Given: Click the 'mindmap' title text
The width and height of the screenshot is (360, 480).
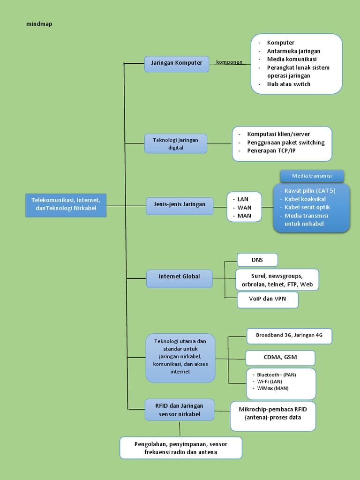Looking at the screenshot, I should pyautogui.click(x=39, y=24).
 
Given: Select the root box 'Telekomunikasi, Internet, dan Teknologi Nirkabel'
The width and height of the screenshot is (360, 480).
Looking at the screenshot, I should pyautogui.click(x=66, y=204).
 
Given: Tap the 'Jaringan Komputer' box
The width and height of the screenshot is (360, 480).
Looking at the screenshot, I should pyautogui.click(x=177, y=63).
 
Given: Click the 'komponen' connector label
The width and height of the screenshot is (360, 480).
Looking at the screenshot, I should pyautogui.click(x=229, y=62).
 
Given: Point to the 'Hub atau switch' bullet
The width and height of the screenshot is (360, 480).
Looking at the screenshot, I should pyautogui.click(x=288, y=84).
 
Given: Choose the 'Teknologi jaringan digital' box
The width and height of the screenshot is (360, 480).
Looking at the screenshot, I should pyautogui.click(x=176, y=143).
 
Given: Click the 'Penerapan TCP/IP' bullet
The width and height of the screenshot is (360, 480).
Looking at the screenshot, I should pyautogui.click(x=271, y=151).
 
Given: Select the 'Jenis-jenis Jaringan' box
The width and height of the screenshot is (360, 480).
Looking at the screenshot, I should pyautogui.click(x=179, y=204).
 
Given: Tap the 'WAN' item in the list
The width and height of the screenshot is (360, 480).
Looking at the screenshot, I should pyautogui.click(x=244, y=207).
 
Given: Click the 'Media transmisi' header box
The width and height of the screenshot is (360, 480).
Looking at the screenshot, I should pyautogui.click(x=312, y=176).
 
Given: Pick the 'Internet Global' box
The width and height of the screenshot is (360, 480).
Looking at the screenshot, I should pyautogui.click(x=179, y=277).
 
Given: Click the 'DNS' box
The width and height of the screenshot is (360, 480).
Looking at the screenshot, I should pyautogui.click(x=257, y=260).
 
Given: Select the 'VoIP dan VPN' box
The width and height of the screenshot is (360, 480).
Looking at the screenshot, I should pyautogui.click(x=267, y=299).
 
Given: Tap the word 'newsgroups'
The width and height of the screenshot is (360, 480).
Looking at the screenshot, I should pyautogui.click(x=285, y=276).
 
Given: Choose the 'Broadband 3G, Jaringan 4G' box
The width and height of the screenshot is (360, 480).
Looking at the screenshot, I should pyautogui.click(x=289, y=336).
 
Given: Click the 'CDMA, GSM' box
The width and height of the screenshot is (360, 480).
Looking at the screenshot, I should pyautogui.click(x=280, y=357).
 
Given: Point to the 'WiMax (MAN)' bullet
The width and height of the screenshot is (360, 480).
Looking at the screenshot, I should pyautogui.click(x=272, y=388).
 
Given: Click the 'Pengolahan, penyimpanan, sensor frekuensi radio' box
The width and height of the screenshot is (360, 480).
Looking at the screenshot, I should pyautogui.click(x=180, y=448).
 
